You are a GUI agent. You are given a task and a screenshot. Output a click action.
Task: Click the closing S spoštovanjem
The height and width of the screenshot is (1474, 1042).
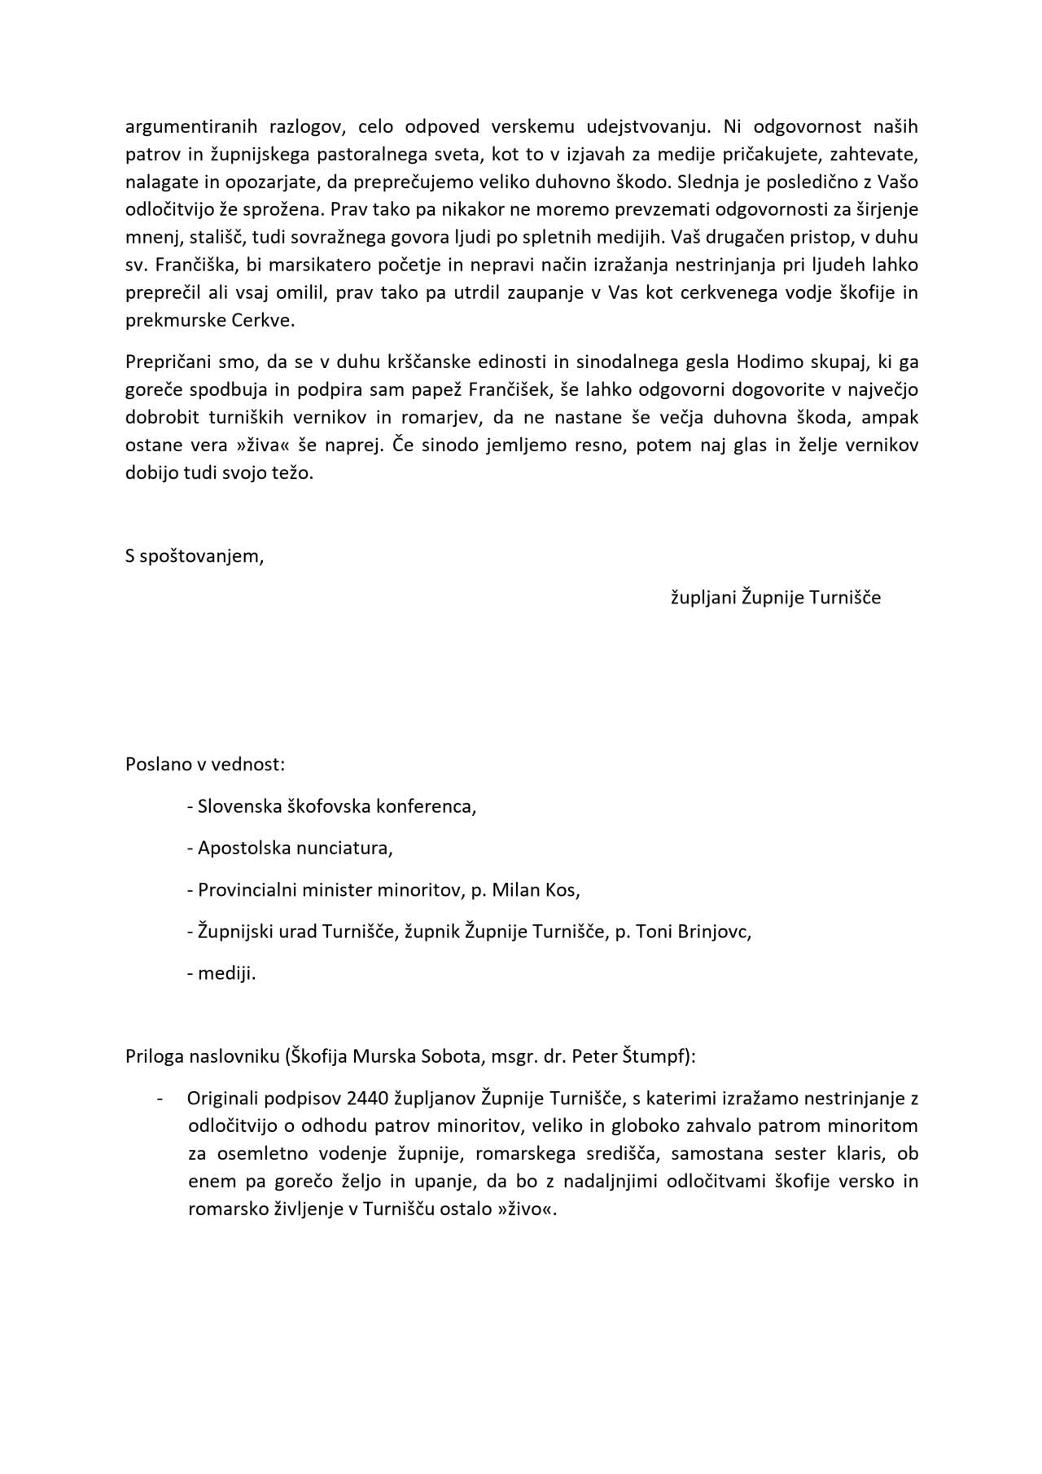click(195, 556)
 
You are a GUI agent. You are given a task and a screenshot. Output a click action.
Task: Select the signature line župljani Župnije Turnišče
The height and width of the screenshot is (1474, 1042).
click(775, 598)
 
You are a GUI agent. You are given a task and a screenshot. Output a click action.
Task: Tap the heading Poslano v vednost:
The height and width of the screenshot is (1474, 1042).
click(205, 765)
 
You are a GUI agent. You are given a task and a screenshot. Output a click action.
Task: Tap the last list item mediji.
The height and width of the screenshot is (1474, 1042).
click(226, 972)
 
